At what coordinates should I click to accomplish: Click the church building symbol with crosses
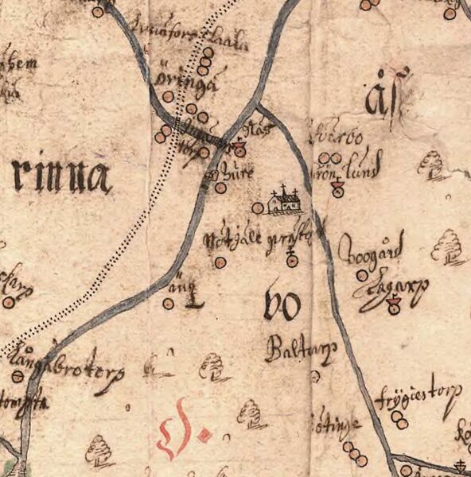[284, 202]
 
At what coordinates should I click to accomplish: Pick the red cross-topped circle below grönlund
[337, 189]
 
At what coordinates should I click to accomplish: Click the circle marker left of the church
[257, 208]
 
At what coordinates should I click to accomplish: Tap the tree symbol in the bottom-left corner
[99, 450]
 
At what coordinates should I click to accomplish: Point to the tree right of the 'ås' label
[433, 165]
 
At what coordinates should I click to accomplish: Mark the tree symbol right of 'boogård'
[447, 246]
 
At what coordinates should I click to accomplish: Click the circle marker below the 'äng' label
[169, 303]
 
